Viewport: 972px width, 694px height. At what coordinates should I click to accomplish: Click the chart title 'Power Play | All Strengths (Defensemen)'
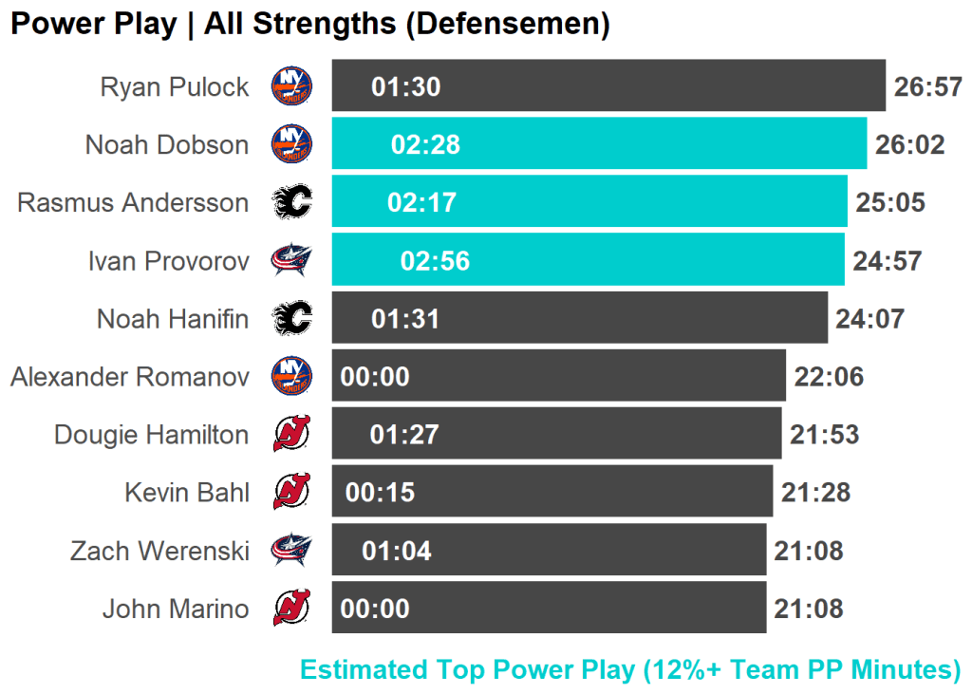point(309,24)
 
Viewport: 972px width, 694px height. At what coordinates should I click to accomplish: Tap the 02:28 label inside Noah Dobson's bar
point(425,144)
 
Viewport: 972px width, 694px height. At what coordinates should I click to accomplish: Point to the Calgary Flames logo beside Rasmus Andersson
point(291,202)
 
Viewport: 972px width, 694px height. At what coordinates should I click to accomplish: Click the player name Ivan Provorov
point(168,260)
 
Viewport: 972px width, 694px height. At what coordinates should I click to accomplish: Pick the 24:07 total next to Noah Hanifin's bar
point(869,319)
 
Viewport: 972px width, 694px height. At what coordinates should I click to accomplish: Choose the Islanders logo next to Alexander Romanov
point(291,376)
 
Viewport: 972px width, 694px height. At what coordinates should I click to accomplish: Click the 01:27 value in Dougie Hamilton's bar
point(404,435)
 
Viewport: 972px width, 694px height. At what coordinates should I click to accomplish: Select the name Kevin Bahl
point(187,493)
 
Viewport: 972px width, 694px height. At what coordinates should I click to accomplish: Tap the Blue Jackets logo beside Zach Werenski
point(291,551)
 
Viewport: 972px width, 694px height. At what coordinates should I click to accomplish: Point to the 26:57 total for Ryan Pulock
point(928,87)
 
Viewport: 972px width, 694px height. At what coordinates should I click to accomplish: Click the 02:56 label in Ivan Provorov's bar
point(435,261)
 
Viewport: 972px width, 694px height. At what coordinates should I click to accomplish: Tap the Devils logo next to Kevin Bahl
point(291,493)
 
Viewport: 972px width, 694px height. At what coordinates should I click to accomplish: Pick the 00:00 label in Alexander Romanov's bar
point(375,377)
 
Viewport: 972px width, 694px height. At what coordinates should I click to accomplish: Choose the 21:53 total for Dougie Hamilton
point(824,435)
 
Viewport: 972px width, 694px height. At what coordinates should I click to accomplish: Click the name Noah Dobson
point(167,144)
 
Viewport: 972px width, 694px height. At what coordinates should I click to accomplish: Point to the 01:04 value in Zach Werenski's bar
point(396,551)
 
